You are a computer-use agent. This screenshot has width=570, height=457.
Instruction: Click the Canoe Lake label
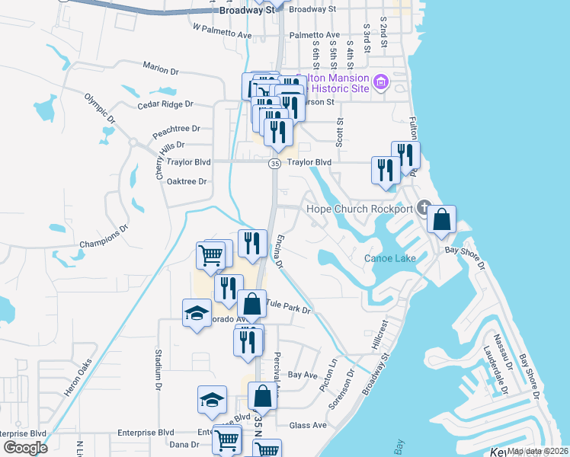tap(389, 258)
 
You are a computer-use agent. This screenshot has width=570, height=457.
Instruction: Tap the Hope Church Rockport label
tap(358, 209)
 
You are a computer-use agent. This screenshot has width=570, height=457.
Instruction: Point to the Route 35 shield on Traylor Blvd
tap(274, 163)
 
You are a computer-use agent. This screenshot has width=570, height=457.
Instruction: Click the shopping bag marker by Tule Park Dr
tap(252, 305)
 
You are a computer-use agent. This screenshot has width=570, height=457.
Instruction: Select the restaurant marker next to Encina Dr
tap(252, 244)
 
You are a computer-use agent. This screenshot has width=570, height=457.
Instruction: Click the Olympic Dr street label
tap(100, 109)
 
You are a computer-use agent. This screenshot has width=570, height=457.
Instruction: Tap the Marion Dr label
tap(160, 69)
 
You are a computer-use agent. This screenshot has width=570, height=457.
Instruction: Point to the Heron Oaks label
tap(78, 377)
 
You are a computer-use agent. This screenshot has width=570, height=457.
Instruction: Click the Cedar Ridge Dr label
tap(165, 104)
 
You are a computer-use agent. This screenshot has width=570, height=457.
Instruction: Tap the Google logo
tap(26, 448)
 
